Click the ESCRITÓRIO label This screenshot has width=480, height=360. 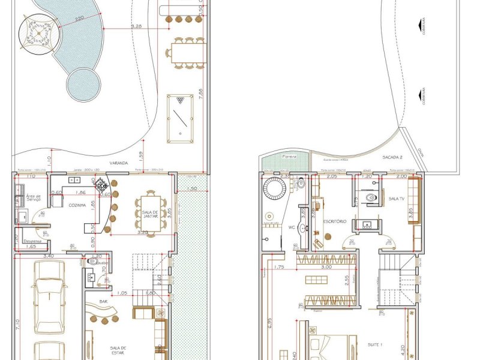[335, 221]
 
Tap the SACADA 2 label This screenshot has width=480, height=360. [393, 157]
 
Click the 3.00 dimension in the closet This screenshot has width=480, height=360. [326, 267]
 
